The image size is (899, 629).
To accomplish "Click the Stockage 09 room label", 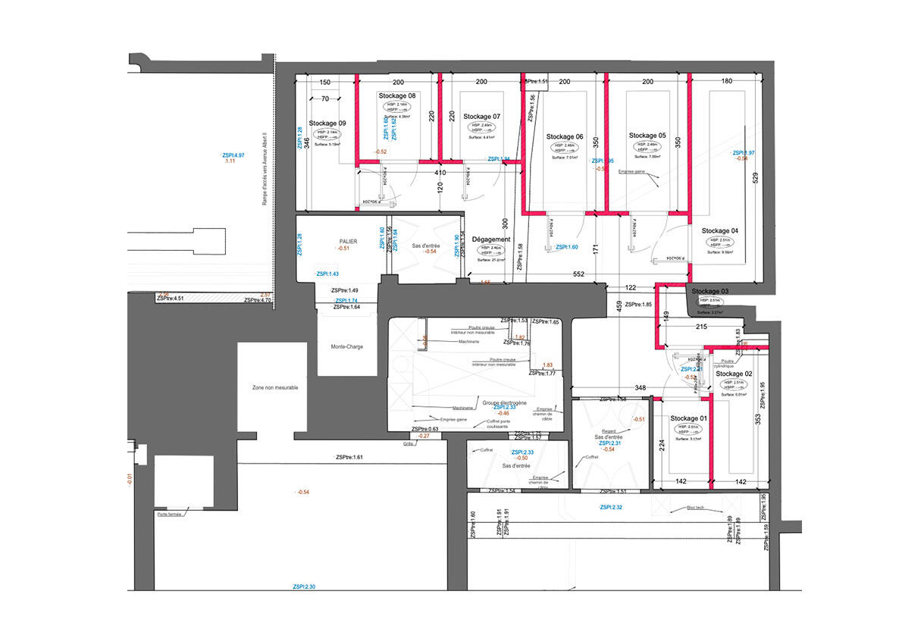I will [x=327, y=123].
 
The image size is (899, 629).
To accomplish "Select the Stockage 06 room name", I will [x=564, y=136].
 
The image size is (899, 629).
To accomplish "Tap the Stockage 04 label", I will [x=719, y=230].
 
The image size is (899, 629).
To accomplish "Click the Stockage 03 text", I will [x=709, y=292].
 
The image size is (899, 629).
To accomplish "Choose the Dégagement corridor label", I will [x=490, y=239].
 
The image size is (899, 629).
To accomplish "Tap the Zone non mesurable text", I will [x=275, y=387].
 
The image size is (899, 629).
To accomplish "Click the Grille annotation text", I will [x=408, y=444].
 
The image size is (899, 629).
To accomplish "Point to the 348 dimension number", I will [x=641, y=388].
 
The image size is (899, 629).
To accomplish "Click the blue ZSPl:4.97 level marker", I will [x=230, y=154].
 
